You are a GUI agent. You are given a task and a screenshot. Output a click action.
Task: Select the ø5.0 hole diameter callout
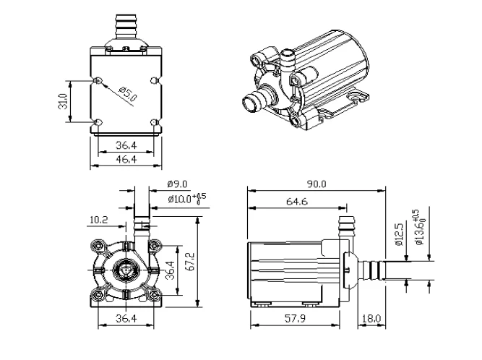coord(127,95)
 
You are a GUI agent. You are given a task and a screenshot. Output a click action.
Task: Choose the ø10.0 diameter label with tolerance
coord(184,198)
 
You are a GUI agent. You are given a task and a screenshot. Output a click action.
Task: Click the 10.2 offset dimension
coord(100,218)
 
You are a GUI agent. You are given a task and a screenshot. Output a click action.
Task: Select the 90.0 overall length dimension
coord(314,184)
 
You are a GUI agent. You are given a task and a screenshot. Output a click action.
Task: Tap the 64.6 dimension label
coord(292,202)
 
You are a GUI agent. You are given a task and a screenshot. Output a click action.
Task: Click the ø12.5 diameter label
coord(398,235)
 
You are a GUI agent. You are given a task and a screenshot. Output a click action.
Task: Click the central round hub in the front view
coord(126,270)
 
